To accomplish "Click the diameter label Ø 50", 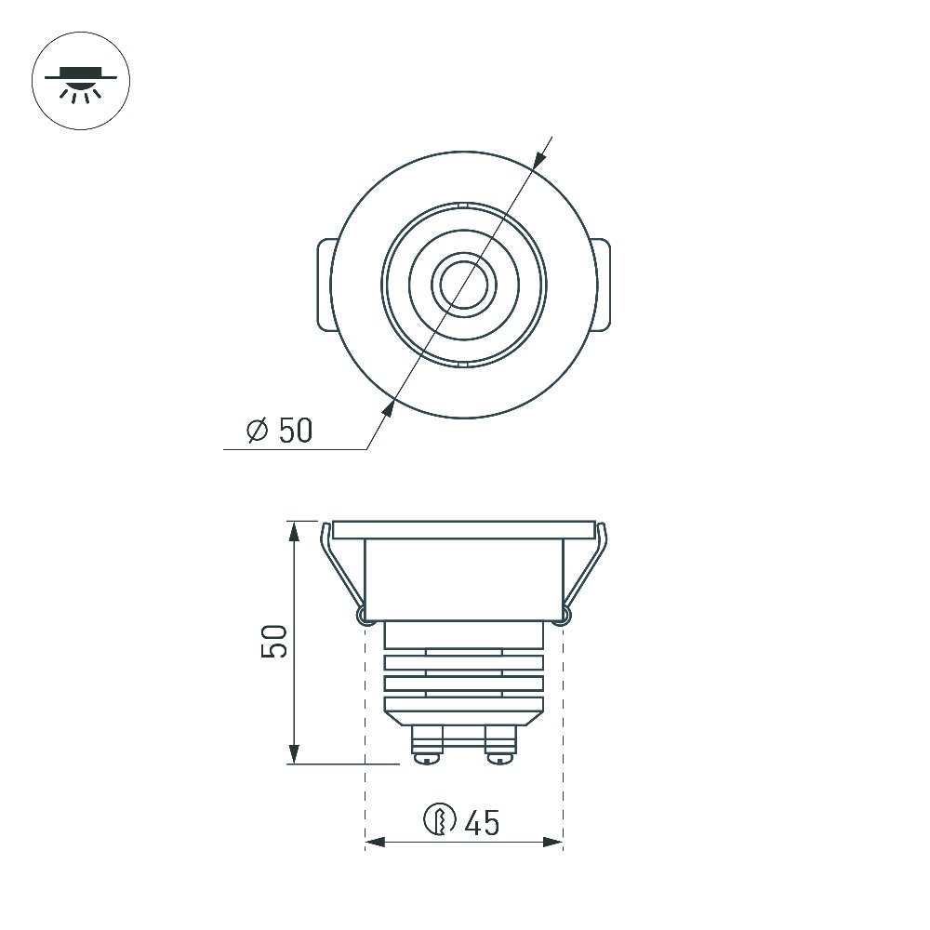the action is point(279,430).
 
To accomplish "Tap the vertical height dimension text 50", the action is point(274,641).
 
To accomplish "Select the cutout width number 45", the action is point(482,823).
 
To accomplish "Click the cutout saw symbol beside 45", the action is point(440,819).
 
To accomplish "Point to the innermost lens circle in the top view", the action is point(464,285).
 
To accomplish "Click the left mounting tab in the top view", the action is point(325,285).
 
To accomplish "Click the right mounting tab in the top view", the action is point(602,285).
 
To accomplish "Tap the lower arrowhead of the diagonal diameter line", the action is point(388,408).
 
